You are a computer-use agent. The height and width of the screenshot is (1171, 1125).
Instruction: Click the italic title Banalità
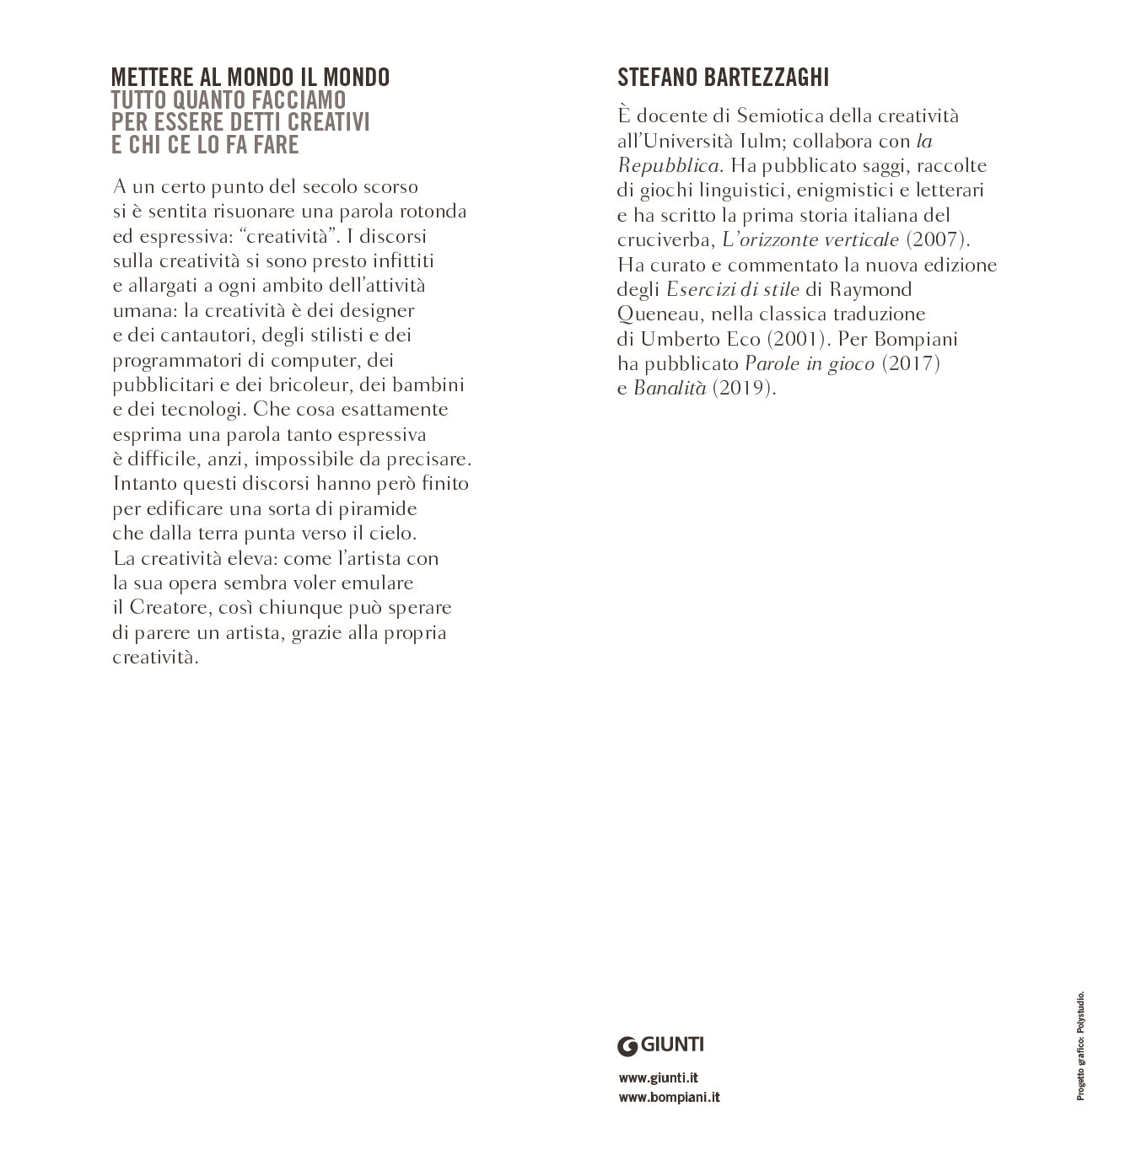[x=670, y=389]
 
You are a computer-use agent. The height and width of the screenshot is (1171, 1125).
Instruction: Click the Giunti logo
[x=661, y=1045]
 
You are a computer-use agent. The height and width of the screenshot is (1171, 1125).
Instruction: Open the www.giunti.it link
[x=659, y=1077]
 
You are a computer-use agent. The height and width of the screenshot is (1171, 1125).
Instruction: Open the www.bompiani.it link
[x=670, y=1097]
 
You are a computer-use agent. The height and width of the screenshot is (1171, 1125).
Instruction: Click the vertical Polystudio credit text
[x=1080, y=1045]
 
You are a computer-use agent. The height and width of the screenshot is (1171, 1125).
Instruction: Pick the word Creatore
[x=168, y=608]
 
